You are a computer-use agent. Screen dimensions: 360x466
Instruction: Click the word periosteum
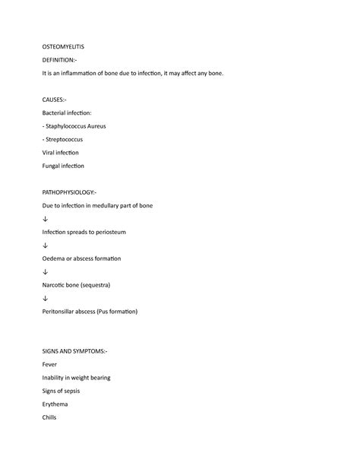point(105,232)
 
